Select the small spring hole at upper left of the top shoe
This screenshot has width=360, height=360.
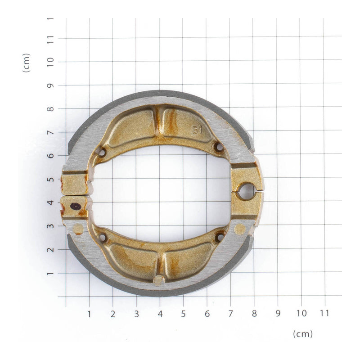(x=102, y=153)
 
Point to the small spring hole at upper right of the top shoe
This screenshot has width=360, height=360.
(x=219, y=147)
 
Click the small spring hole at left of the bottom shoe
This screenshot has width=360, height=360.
(x=102, y=237)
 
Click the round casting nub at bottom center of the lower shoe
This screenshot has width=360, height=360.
(x=159, y=280)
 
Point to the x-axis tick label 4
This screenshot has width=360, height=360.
(x=160, y=313)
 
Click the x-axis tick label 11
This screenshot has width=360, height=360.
(x=324, y=313)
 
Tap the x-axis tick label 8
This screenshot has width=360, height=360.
(x=254, y=313)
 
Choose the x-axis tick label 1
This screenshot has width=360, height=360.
(x=89, y=313)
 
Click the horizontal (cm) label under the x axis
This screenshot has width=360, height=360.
(x=302, y=334)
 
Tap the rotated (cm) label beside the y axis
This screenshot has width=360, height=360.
(x=27, y=63)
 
